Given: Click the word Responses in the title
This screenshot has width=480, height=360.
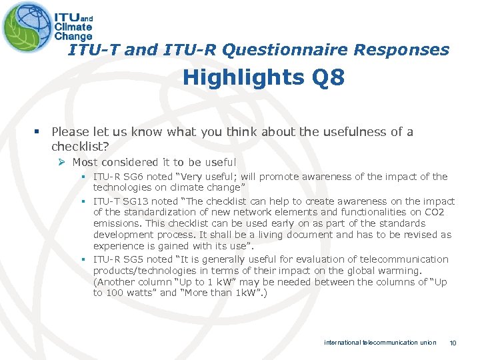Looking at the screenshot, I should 402,49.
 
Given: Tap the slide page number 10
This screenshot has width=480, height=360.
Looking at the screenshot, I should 453,343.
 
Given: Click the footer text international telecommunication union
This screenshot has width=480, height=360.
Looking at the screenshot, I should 380,343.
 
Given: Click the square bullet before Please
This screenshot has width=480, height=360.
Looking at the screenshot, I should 41,132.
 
